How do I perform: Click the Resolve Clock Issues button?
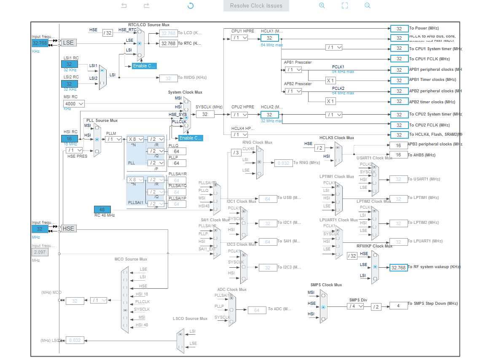[x=256, y=6]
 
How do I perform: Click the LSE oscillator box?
[x=68, y=43]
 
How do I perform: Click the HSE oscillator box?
[x=68, y=228]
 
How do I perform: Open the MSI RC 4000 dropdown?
[x=74, y=103]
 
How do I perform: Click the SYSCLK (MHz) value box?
[x=205, y=114]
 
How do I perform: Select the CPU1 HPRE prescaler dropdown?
[x=239, y=38]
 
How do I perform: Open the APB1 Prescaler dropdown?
[x=293, y=70]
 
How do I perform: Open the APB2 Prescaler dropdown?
[x=293, y=91]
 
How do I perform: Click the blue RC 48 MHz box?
[x=102, y=210]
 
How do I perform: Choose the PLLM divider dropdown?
[x=113, y=139]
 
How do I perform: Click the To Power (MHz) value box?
[x=399, y=28]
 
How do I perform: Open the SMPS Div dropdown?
[x=355, y=306]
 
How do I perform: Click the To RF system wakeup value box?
[x=399, y=267]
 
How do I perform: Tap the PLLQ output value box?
[x=177, y=151]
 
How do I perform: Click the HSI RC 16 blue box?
[x=70, y=139]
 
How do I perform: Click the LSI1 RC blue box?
[x=69, y=64]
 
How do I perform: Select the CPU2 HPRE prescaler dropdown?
[x=239, y=115]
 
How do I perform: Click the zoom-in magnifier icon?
[x=322, y=5]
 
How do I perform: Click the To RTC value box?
[x=169, y=43]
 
